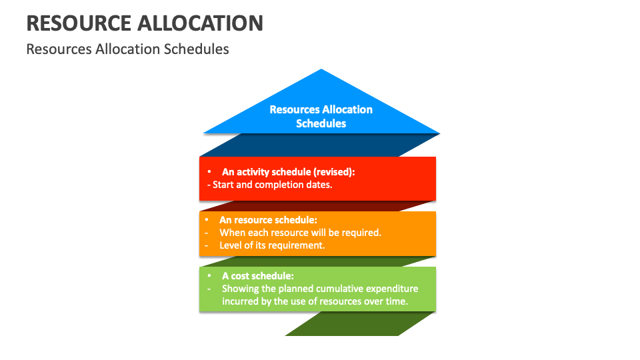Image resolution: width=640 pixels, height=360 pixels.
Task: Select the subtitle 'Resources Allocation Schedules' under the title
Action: [x=127, y=49]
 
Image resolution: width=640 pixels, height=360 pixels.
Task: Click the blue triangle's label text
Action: [x=321, y=116]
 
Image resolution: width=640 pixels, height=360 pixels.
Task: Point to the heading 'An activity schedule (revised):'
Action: [x=288, y=171]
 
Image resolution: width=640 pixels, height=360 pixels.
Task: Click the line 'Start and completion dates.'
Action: [x=272, y=185]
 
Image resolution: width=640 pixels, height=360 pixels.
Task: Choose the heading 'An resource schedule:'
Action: [x=268, y=219]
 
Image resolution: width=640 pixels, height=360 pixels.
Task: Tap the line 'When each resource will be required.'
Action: [x=300, y=233]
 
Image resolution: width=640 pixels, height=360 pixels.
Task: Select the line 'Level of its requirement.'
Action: [x=272, y=245]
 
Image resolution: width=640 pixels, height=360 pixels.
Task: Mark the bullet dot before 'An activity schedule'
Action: [x=209, y=172]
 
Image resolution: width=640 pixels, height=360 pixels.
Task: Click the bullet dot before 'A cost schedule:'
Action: [x=209, y=275]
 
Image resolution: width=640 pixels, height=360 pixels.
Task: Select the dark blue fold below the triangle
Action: [x=320, y=145]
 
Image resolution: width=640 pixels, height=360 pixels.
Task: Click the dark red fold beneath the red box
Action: [x=320, y=206]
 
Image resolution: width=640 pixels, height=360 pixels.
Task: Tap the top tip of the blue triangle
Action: [x=321, y=70]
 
